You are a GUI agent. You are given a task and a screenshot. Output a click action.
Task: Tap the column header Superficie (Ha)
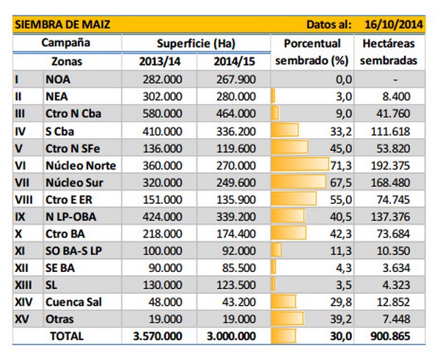(x=201, y=43)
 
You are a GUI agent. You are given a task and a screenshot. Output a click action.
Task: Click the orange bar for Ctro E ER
(x=293, y=199)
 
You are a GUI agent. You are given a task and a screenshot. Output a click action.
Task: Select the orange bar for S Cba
(x=285, y=131)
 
